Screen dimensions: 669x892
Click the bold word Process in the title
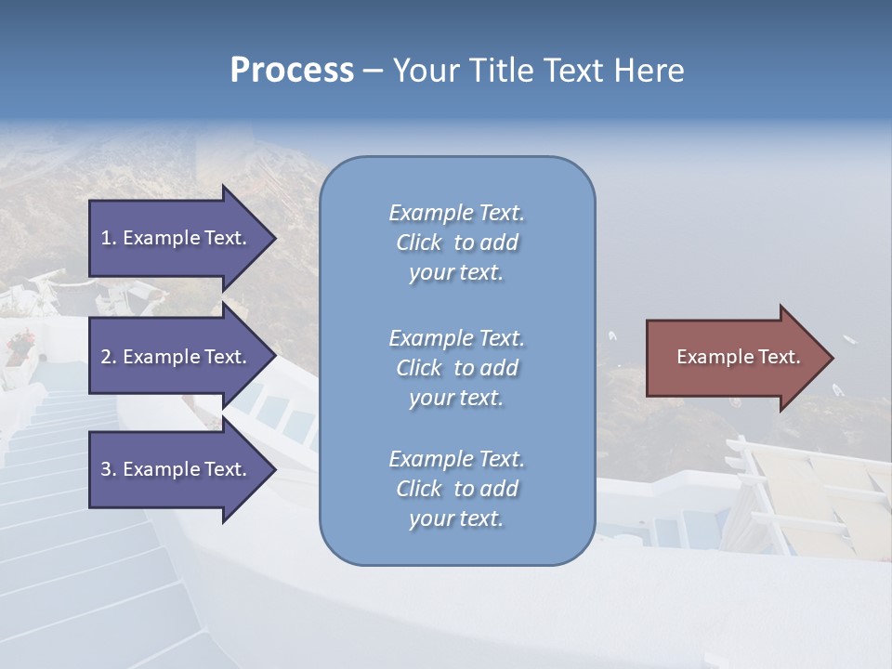click(x=292, y=71)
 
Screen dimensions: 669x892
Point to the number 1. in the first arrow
click(x=109, y=238)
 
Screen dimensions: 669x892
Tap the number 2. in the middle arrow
click(x=109, y=357)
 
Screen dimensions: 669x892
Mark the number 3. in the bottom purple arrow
click(x=109, y=469)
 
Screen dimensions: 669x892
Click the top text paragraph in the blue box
click(x=456, y=243)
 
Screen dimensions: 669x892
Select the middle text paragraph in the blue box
click(x=456, y=368)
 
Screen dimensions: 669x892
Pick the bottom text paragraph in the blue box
click(x=456, y=489)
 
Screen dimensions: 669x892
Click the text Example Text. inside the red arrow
click(x=739, y=357)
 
